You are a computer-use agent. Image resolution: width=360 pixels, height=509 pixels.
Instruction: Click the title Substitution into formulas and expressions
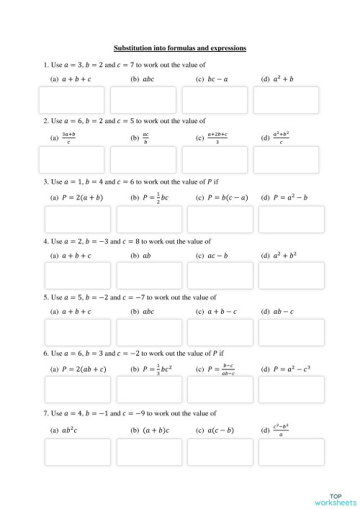pyautogui.click(x=180, y=48)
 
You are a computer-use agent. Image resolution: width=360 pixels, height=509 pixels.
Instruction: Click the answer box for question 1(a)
pyautogui.click(x=71, y=100)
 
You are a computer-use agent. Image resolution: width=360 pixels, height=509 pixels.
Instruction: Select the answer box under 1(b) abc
pyautogui.click(x=143, y=100)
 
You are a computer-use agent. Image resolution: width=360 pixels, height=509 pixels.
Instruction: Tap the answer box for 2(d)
pyautogui.click(x=286, y=160)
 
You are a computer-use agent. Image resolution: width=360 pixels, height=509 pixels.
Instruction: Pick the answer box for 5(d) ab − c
pyautogui.click(x=291, y=332)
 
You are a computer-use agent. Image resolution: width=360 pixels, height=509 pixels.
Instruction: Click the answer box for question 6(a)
pyautogui.click(x=78, y=389)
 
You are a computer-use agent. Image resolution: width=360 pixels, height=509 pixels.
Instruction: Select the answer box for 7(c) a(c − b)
pyautogui.click(x=220, y=451)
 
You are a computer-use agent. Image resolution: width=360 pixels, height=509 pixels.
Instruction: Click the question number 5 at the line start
pyautogui.click(x=45, y=297)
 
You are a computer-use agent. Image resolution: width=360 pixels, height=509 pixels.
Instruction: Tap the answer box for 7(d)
pyautogui.click(x=291, y=451)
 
